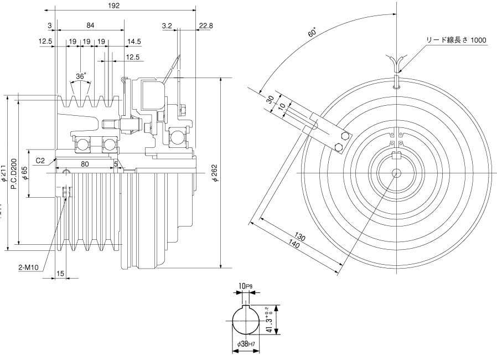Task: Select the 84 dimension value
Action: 90,25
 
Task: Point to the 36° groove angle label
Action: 81,75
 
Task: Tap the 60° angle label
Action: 313,32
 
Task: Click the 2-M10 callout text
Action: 28,268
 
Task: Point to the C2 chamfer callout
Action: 40,161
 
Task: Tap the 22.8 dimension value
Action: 205,25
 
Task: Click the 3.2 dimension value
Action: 168,25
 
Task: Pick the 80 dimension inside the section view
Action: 85,163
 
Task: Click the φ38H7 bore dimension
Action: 246,344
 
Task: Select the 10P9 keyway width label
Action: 246,286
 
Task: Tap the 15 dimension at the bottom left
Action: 60,273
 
